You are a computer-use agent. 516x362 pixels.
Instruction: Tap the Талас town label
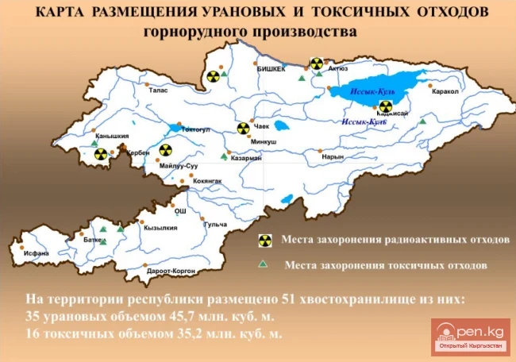[x=158, y=90]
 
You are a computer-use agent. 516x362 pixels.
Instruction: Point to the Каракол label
[x=445, y=91]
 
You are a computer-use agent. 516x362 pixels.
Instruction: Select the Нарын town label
[x=333, y=156]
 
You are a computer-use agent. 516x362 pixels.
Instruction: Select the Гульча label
[x=216, y=225]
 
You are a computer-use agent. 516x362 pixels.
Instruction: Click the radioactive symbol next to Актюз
[x=317, y=63]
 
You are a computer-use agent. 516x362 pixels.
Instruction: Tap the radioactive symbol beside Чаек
[x=243, y=127]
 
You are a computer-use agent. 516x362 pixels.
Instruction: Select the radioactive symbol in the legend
[x=264, y=239]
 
